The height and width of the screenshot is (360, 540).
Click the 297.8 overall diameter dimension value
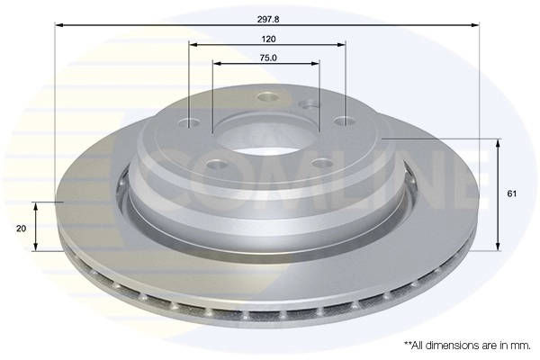tap(267, 15)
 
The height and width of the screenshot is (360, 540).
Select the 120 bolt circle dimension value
tap(267, 40)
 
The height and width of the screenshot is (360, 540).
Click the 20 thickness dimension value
tap(20, 229)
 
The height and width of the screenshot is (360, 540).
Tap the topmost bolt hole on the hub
tap(265, 98)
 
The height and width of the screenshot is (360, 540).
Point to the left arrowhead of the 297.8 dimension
tap(60, 25)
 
